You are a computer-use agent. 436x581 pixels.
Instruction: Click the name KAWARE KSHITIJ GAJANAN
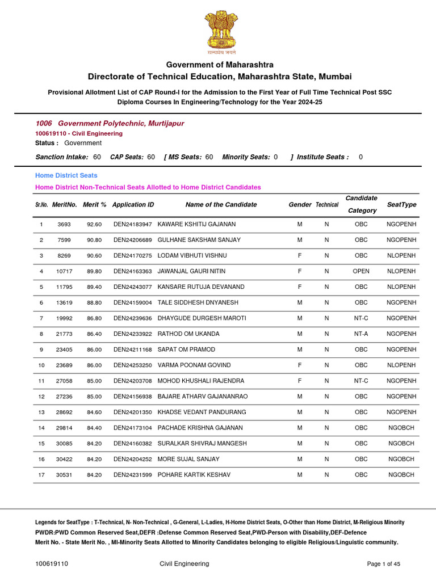(x=196, y=225)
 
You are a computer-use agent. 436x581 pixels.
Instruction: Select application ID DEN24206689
(x=133, y=240)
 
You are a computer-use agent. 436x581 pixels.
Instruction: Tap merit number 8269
(x=64, y=256)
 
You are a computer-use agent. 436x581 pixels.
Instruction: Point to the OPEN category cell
(x=361, y=271)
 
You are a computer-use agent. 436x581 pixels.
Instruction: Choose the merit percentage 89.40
(x=94, y=287)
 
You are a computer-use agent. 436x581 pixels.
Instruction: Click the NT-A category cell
(x=361, y=334)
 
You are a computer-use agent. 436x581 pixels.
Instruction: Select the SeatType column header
(x=401, y=204)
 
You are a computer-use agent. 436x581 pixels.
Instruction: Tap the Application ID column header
(x=133, y=204)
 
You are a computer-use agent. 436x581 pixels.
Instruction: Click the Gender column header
(x=300, y=204)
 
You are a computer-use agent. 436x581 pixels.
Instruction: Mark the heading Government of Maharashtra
(x=220, y=65)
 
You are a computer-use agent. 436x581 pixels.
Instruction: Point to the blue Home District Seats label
(x=66, y=175)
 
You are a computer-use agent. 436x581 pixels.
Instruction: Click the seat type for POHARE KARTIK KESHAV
(x=401, y=474)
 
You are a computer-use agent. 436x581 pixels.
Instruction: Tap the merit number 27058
(x=64, y=381)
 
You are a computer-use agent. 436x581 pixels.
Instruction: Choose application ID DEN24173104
(x=133, y=428)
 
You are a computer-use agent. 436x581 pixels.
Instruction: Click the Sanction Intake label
(x=62, y=157)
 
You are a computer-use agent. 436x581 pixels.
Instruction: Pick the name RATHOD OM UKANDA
(x=188, y=334)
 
